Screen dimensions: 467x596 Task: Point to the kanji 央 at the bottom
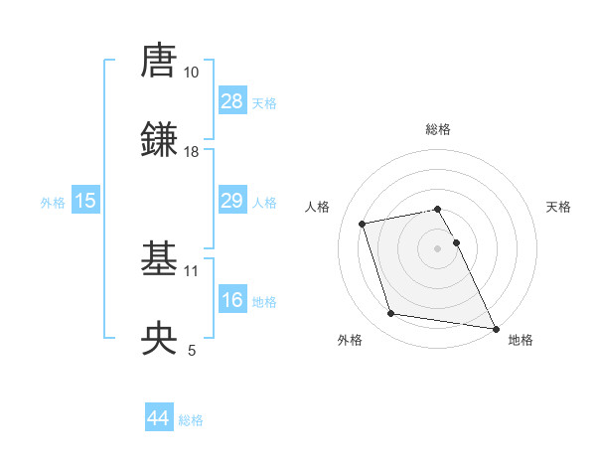tap(159, 338)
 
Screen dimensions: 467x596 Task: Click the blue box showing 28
tap(232, 101)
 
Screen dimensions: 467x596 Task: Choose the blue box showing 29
tap(232, 201)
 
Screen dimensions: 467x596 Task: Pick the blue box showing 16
tap(232, 300)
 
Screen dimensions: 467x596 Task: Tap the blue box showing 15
tap(85, 201)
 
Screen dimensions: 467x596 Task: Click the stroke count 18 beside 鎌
tap(192, 152)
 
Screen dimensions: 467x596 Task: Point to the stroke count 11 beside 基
tap(192, 270)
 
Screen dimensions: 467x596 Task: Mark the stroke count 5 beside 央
tap(192, 350)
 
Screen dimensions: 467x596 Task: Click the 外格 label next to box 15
tap(53, 202)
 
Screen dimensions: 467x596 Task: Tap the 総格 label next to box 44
tap(191, 420)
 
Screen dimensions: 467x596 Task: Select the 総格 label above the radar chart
tap(438, 130)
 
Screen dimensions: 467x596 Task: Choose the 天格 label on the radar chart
tap(558, 208)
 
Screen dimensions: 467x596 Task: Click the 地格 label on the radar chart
tap(521, 341)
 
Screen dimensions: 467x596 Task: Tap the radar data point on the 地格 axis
tap(495, 327)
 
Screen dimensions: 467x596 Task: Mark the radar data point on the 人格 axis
tap(363, 223)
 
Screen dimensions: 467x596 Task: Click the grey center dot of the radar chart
tap(438, 247)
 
